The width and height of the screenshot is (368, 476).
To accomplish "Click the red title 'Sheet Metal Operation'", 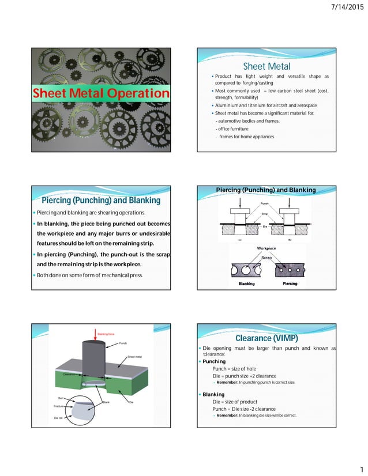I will click(x=101, y=93).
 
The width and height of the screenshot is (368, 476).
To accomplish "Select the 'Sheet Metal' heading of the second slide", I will click(x=266, y=67).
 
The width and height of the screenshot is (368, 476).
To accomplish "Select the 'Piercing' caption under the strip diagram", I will click(x=290, y=284).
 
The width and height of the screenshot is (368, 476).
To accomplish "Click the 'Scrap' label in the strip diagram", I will click(x=266, y=257).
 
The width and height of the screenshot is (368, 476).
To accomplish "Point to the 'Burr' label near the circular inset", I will click(x=61, y=398).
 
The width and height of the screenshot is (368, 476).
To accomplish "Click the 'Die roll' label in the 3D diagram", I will click(x=59, y=417).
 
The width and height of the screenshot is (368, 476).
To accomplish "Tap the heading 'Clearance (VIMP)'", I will click(x=266, y=338).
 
